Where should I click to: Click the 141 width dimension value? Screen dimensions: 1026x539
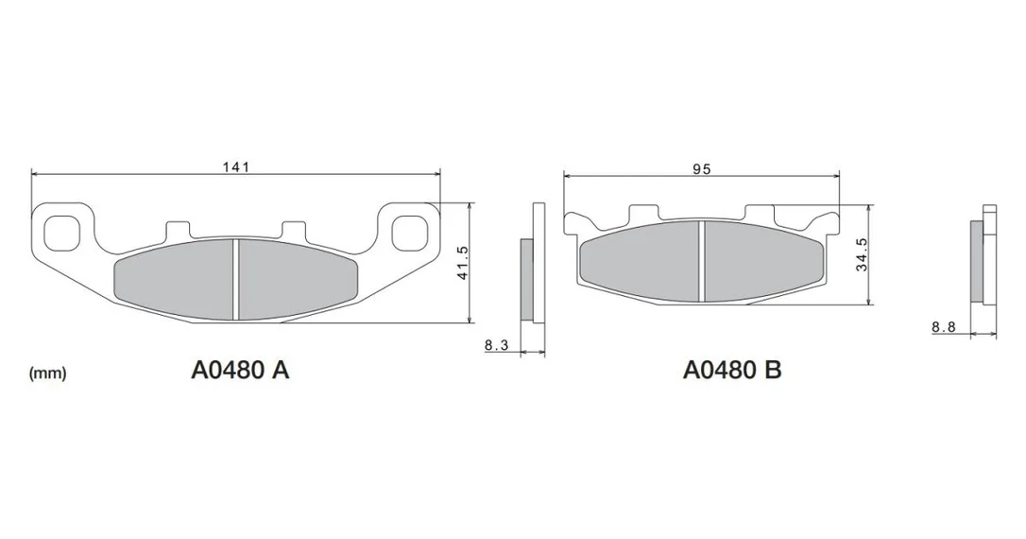pos(235,167)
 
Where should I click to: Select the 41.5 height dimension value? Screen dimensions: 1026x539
pos(463,263)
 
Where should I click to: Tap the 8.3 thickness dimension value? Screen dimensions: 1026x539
pos(497,345)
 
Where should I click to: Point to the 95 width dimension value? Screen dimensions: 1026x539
pos(701,169)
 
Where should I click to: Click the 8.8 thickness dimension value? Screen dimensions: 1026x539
pos(944,327)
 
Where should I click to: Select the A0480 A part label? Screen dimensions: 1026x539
pos(240,371)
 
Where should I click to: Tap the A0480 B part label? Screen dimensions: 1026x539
pos(732,370)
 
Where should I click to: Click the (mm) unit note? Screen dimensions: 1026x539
pos(48,374)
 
